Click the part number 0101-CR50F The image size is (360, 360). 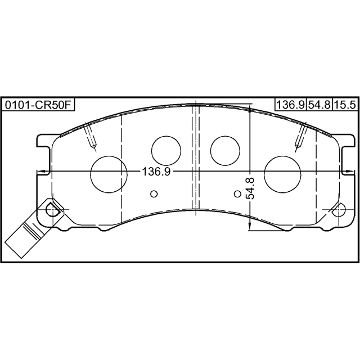pos(38,105)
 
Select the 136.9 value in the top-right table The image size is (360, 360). pos(291,105)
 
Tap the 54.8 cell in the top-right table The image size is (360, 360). pos(319,105)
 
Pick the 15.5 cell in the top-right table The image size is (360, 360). pos(345,105)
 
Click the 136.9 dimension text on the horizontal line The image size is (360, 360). pos(156,172)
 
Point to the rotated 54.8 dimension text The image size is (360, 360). pos(250,188)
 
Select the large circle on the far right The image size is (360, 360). pos(282,174)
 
